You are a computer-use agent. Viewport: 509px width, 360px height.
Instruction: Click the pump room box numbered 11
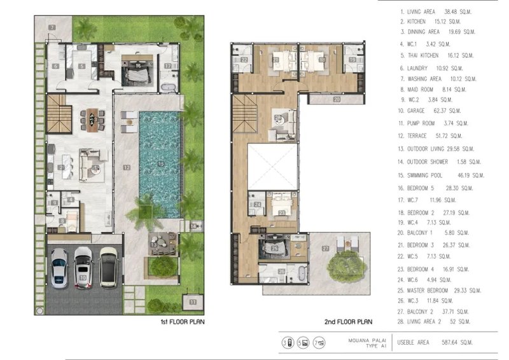point(193,301)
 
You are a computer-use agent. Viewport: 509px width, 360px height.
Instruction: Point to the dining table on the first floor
point(93,120)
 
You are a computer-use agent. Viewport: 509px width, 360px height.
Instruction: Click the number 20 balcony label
point(335,100)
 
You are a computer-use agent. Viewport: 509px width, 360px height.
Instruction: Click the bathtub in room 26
point(297,274)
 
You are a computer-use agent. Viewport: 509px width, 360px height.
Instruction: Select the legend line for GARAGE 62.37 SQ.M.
point(436,110)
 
